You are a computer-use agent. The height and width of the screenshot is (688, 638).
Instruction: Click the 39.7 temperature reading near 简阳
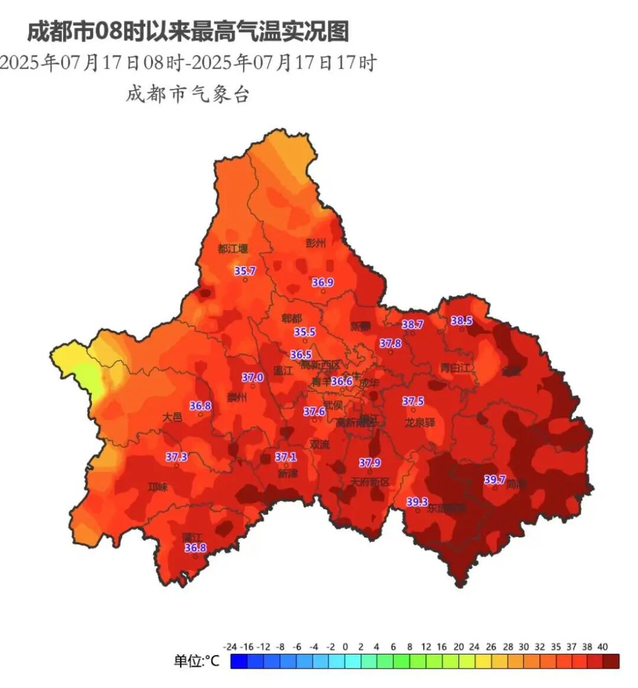(494, 480)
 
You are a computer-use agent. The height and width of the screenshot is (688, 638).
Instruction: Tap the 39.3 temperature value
(417, 502)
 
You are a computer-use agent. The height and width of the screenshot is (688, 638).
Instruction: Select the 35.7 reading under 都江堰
(245, 271)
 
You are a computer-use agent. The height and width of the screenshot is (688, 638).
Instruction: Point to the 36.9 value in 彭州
(323, 283)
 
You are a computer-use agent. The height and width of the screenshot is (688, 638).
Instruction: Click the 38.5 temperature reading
(461, 321)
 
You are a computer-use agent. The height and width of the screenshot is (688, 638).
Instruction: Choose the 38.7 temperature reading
(412, 325)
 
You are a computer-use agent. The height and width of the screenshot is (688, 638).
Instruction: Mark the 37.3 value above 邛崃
(176, 457)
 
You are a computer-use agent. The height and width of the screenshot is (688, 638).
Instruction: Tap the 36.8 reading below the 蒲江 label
(196, 548)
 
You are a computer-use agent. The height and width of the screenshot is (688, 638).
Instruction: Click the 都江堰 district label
(233, 249)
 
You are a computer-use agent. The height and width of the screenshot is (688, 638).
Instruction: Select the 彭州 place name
(316, 243)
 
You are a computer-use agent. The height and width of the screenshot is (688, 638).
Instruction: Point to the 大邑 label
(172, 417)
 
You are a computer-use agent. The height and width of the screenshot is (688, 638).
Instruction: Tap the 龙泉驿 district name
(420, 423)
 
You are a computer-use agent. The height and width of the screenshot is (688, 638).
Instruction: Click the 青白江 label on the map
(455, 368)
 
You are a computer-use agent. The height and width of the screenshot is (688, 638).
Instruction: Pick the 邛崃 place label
(158, 487)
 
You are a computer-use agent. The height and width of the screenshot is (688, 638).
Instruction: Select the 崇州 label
(237, 397)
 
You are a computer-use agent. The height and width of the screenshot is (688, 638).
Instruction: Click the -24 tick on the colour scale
(231, 647)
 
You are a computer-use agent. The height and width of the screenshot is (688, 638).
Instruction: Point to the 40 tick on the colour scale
(602, 647)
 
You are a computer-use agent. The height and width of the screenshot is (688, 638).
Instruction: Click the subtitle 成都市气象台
(188, 94)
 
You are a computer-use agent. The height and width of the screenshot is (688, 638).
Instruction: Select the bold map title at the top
(188, 31)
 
